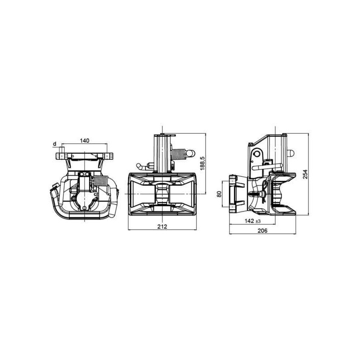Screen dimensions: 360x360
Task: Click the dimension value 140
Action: pos(85,140)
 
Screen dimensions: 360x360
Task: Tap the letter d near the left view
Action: pos(54,144)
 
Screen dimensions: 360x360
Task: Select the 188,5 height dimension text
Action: pos(202,163)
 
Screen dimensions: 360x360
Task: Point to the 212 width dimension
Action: pos(162,227)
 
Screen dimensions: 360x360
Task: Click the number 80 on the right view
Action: pos(219,194)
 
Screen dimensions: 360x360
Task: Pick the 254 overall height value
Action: pos(305,174)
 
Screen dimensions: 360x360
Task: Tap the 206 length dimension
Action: pos(262,231)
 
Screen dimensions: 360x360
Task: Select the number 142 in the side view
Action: pos(249,221)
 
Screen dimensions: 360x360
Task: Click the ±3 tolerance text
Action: pos(258,221)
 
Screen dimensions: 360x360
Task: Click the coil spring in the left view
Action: pos(101,181)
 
